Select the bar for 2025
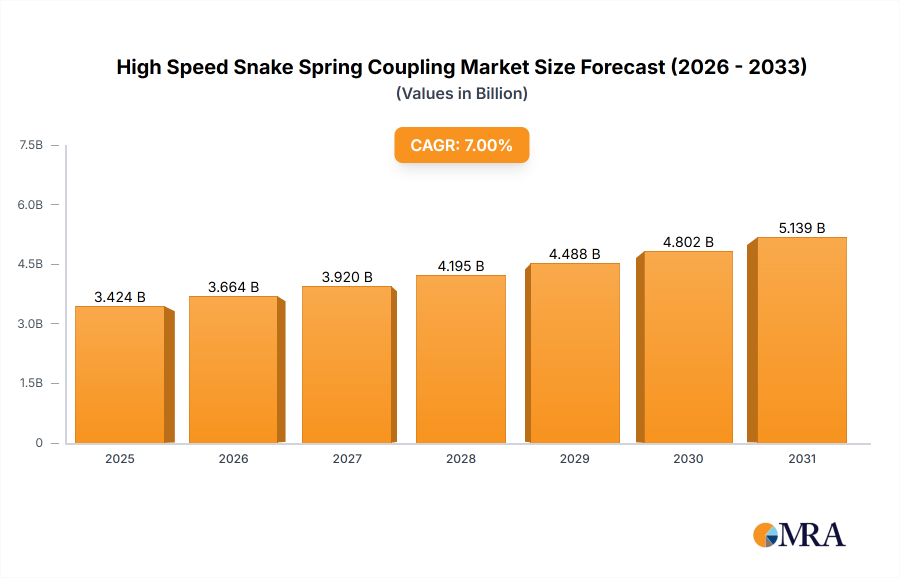[120, 375]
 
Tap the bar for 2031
[801, 340]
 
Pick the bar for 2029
[574, 353]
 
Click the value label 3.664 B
[233, 287]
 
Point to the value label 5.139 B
[801, 228]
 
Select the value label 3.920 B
[347, 277]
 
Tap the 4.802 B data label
[688, 242]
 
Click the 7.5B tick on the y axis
[31, 145]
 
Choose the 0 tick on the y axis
[39, 442]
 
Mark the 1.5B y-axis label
[31, 383]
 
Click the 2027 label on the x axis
[347, 458]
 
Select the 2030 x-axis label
[688, 458]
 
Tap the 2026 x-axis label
[233, 458]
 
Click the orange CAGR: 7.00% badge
[461, 145]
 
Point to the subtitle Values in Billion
[461, 93]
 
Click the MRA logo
[799, 535]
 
